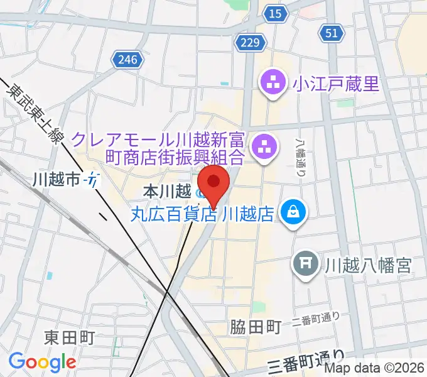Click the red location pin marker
[214, 184]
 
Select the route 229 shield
[249, 42]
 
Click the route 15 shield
[274, 13]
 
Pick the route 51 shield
[332, 33]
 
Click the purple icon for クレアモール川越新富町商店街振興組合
[262, 148]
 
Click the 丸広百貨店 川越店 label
[203, 214]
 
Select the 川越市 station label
[57, 180]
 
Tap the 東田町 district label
[69, 338]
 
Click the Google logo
[42, 361]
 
